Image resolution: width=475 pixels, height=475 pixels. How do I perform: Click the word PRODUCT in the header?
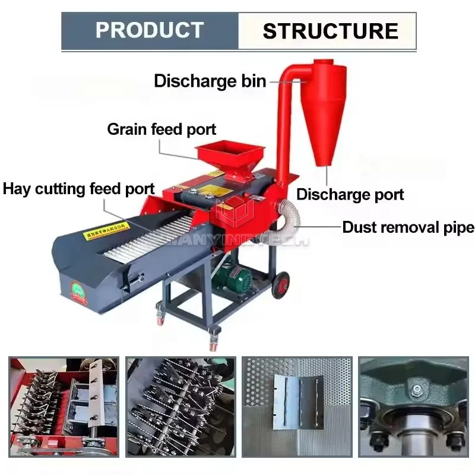(150, 30)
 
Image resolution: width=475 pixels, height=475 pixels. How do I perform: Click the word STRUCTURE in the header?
(330, 31)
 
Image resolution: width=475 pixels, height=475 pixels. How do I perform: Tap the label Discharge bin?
(210, 81)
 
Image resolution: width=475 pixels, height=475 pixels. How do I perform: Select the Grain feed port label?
(161, 129)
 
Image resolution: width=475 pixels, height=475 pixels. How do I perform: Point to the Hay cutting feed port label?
(79, 189)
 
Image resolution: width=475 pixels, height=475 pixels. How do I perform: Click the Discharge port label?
(350, 194)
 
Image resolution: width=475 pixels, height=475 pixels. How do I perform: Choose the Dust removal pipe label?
(408, 227)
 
